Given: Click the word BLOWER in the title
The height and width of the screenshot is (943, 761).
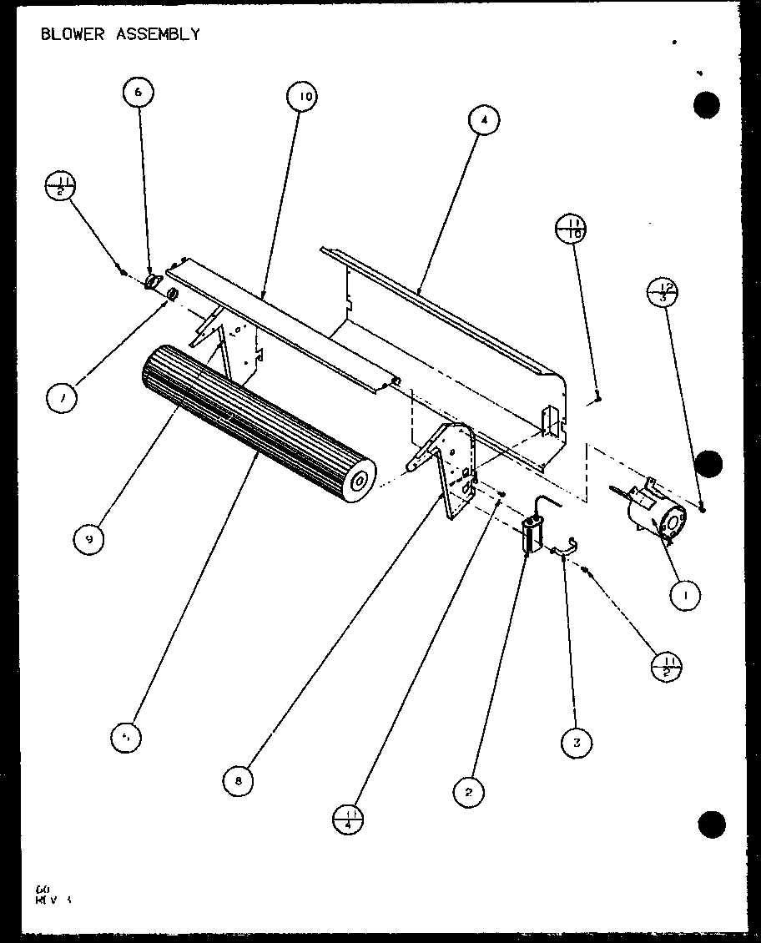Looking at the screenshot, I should pos(70,34).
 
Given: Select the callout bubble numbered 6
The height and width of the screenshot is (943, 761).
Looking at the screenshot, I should pos(139,93).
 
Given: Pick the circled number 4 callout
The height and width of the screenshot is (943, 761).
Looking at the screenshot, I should pos(483,120).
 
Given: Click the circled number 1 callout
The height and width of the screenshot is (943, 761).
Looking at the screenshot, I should pos(686,594).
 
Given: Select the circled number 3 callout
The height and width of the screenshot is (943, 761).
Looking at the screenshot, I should pos(577,741).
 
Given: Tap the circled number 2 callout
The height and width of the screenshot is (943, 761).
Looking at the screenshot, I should pos(469,791).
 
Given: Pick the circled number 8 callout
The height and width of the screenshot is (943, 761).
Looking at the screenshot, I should pos(239,780).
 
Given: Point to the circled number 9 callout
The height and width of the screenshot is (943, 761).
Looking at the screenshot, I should pos(89,539).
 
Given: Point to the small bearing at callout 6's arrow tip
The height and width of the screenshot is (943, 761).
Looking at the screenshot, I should pos(153,282).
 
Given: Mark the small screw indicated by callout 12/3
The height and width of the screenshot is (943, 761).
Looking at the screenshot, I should pos(703,507).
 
